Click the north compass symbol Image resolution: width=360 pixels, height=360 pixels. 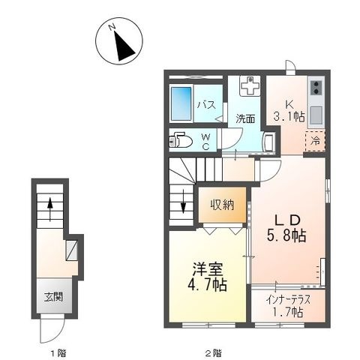coord(119,41)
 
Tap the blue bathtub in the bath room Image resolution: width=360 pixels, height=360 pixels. coord(181,103)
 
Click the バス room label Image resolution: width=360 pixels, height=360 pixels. coord(206,105)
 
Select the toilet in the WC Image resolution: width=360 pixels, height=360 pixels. coord(181,141)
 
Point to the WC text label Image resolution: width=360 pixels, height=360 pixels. coord(205,142)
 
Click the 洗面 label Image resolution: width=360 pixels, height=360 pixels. coord(245,118)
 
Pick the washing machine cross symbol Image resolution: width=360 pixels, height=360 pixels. coord(250,85)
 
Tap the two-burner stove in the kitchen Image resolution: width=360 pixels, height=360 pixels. coord(316,88)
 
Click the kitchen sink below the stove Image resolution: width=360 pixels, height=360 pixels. coord(316,115)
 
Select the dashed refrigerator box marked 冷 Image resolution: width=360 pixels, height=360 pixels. coord(315,141)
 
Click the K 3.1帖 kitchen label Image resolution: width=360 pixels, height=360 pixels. coord(289,111)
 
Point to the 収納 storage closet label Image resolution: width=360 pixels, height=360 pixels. coord(222,205)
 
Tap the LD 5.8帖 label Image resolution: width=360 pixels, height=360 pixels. coord(286,228)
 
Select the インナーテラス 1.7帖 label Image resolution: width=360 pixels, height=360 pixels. coord(288,305)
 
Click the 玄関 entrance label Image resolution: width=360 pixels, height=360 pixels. coord(53,297)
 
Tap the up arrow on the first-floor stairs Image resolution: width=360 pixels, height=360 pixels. coord(50,209)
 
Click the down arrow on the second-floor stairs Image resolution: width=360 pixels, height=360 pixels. coord(184,202)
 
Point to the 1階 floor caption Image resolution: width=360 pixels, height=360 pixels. coord(58,353)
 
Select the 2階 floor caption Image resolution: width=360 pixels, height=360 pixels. coord(213,353)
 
